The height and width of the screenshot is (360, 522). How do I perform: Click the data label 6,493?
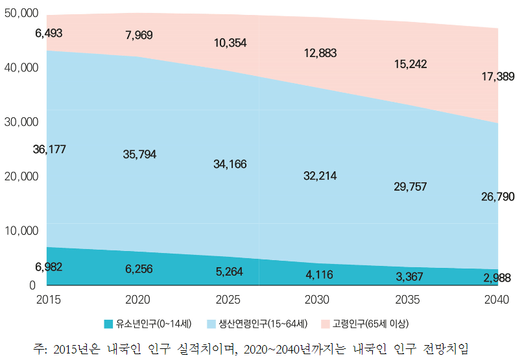pos(49,33)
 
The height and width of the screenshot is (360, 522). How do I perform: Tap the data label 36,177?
pos(49,149)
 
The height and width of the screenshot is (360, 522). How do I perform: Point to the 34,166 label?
pos(230,164)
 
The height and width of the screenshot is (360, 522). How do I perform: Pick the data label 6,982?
pos(49,267)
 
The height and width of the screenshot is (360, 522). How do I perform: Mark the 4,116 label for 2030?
pos(318,275)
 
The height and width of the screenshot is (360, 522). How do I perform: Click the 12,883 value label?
pos(320,53)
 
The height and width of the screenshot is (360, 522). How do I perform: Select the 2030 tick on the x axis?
pos(316,300)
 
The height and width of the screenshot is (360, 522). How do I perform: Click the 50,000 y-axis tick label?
pos(21,13)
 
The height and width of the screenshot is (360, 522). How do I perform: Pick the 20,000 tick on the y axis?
pos(21,176)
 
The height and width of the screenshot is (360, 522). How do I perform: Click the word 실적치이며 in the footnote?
pos(210,347)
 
